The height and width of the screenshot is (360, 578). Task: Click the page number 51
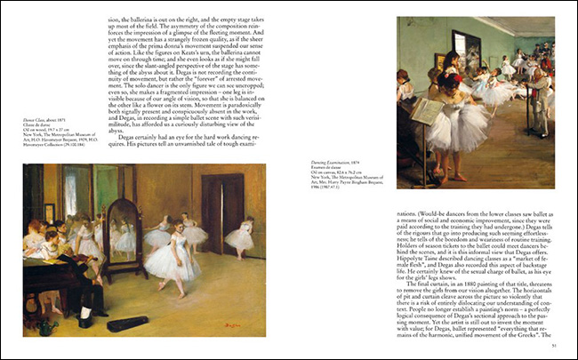coord(554,345)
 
